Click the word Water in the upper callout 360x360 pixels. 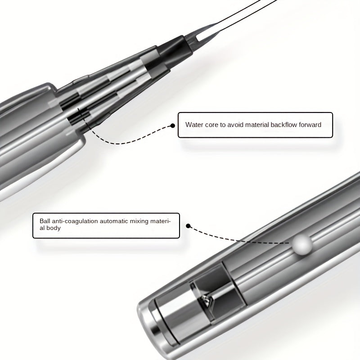(x=194, y=125)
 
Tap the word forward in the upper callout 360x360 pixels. (x=310, y=125)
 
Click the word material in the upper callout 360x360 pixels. (x=257, y=125)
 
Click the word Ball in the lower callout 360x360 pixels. (x=45, y=221)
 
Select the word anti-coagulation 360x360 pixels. (x=75, y=221)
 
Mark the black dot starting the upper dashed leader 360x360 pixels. (x=173, y=126)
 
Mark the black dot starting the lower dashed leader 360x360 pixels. (x=188, y=226)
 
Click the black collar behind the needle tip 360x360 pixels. (x=175, y=50)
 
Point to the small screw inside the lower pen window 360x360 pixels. (x=206, y=300)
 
